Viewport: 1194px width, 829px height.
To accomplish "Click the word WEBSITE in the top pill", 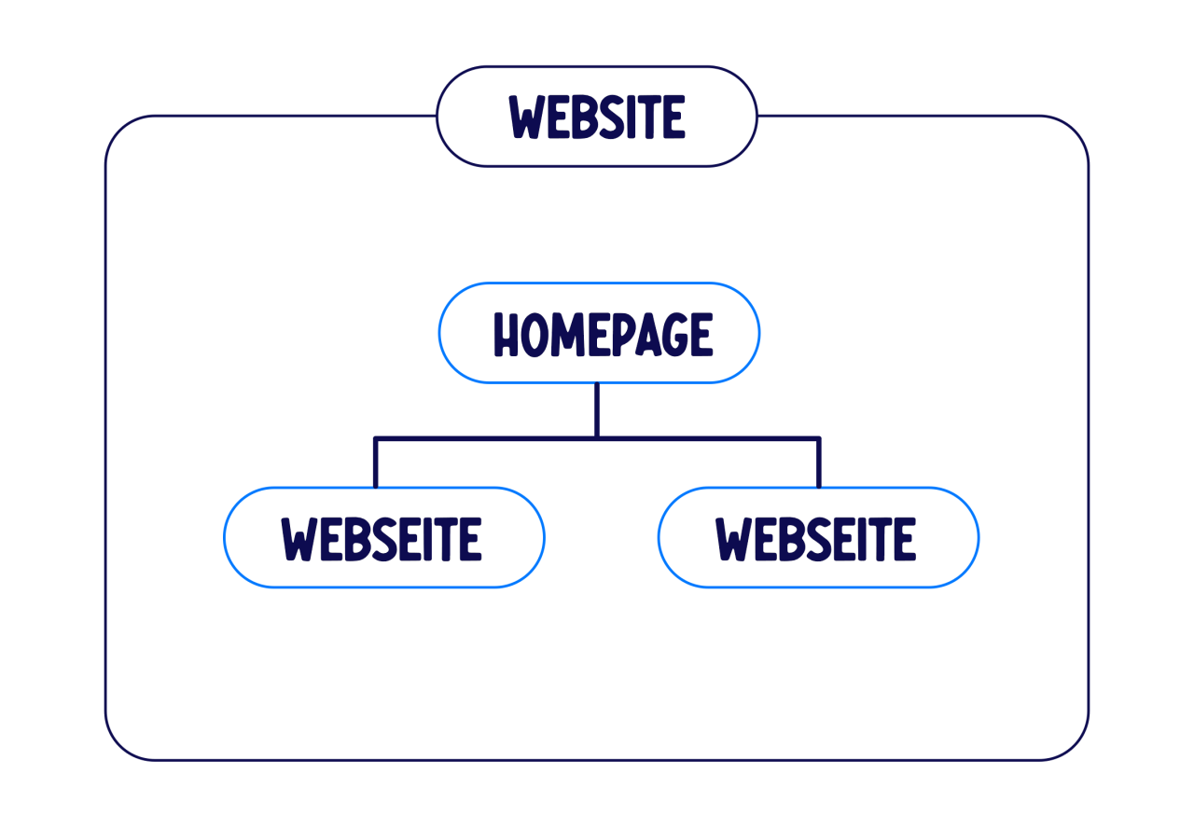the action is pos(596,117).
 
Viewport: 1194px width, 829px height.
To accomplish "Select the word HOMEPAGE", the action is pos(603,334).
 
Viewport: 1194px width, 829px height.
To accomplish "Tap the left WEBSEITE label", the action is pos(382,539).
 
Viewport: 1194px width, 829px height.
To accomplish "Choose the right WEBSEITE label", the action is pos(815,539).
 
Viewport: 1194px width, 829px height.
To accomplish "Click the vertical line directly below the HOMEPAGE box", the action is pos(597,409).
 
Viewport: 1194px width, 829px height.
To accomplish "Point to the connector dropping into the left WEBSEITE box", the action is pos(376,463).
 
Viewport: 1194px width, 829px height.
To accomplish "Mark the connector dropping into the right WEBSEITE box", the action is pos(819,463).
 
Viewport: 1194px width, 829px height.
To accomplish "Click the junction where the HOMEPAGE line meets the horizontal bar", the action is pos(597,438).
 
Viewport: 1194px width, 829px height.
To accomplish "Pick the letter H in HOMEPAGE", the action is pos(506,335).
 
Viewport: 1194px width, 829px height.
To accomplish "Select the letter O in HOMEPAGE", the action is pos(535,335).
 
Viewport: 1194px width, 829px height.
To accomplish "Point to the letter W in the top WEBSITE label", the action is pos(527,117).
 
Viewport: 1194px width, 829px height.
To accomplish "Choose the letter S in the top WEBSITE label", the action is pos(611,117).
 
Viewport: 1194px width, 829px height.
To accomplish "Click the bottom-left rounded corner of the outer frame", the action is pos(120,746).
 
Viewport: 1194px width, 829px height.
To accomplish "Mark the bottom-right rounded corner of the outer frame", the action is pos(1075,746).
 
